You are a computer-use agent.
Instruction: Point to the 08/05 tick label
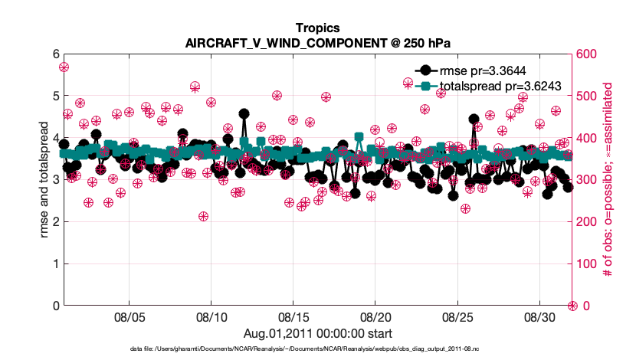tap(129, 316)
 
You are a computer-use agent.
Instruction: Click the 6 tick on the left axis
tap(55, 54)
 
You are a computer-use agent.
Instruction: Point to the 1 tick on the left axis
tap(55, 264)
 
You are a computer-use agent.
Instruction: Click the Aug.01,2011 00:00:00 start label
tap(318, 333)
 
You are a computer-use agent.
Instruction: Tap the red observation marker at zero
tap(572, 306)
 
